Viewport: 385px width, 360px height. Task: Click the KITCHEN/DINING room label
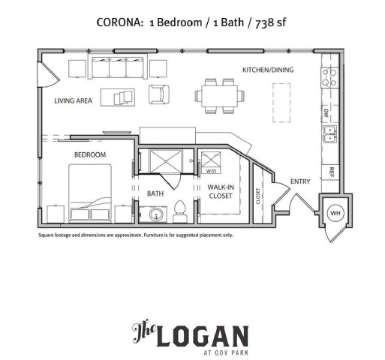tap(267, 70)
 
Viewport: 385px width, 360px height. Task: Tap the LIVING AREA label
tap(73, 99)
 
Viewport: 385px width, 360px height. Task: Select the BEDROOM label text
tap(89, 154)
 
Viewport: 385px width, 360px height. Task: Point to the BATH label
tap(155, 193)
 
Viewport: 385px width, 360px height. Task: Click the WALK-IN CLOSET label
tap(220, 192)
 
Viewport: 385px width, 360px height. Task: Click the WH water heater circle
tap(335, 213)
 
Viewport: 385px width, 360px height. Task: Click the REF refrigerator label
tap(330, 171)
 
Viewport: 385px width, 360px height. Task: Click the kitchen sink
tap(329, 133)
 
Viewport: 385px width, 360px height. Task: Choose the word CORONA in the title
tap(120, 22)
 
